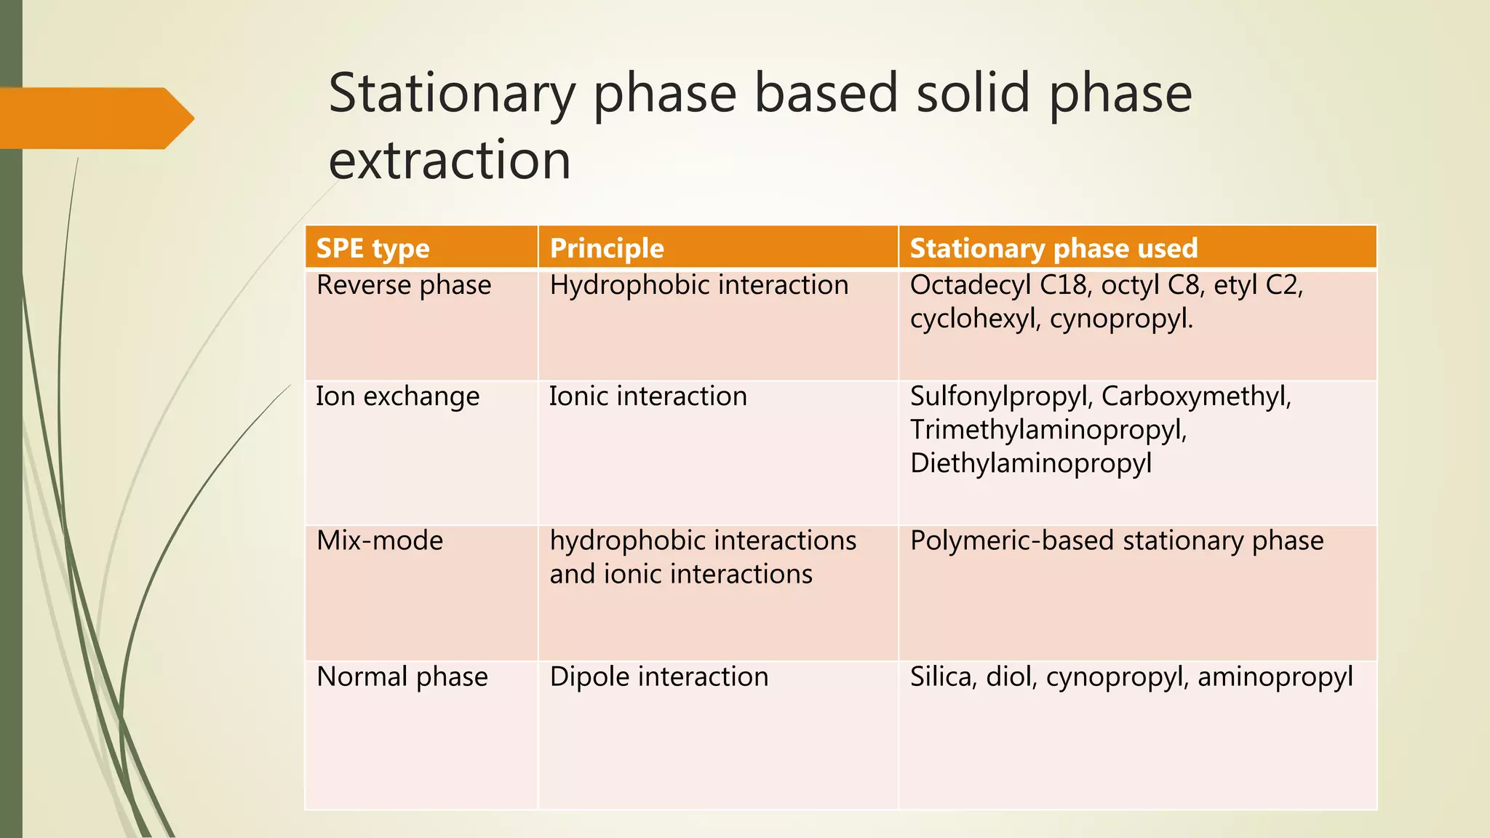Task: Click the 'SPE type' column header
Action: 372,249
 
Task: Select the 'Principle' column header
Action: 607,249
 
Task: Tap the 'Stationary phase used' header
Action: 1053,249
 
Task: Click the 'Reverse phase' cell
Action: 404,285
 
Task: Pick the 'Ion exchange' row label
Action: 397,396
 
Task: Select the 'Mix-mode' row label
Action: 380,540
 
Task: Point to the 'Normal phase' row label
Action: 402,677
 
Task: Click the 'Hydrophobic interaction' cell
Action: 699,285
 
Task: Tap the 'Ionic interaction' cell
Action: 648,396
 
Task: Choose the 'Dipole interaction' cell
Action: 659,677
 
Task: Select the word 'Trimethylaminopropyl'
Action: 1048,430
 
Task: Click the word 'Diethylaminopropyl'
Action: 1031,464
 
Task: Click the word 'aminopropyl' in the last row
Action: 1275,677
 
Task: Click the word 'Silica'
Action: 941,677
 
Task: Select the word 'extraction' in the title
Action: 450,160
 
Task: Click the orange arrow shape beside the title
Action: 95,118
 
